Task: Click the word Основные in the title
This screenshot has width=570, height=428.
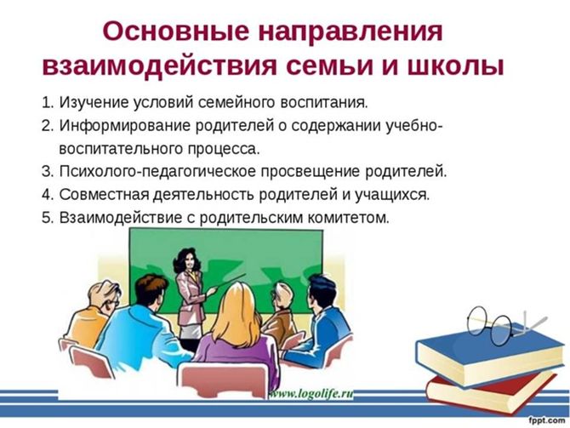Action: point(176,31)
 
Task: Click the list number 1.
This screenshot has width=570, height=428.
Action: point(48,103)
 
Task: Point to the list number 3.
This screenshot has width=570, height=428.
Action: point(48,171)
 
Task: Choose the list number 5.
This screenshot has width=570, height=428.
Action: point(48,218)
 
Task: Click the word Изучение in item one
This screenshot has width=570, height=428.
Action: point(94,103)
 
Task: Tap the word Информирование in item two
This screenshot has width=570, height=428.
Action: point(125,126)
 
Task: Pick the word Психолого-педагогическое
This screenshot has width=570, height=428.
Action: point(157,172)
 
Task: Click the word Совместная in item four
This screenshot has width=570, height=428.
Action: point(104,195)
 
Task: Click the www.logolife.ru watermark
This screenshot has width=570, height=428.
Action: point(311,394)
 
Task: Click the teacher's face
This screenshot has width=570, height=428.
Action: point(190,260)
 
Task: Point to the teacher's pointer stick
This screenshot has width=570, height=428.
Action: point(226,282)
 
